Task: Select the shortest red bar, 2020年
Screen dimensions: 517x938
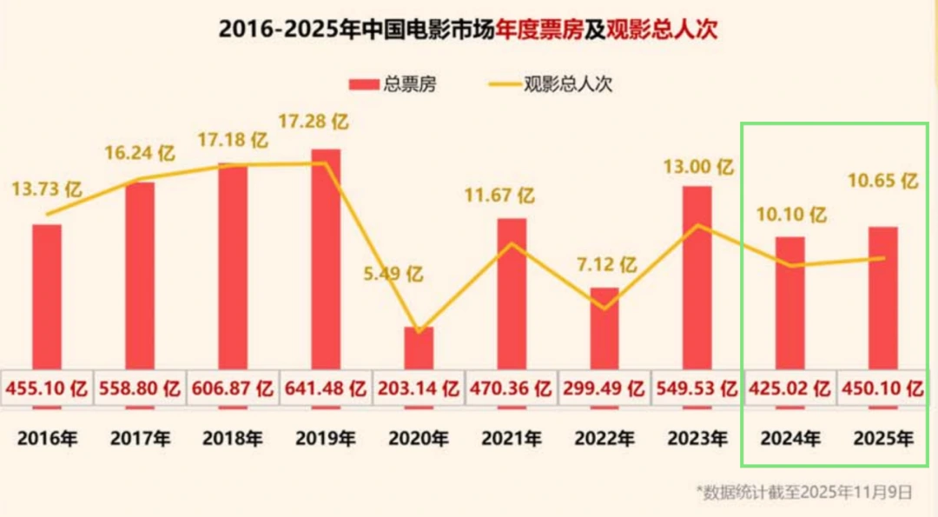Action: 419,348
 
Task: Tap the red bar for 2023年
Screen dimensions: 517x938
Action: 697,278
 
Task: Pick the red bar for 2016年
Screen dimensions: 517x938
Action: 47,295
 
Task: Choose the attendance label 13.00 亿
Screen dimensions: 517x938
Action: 697,165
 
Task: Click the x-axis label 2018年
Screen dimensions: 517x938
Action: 233,439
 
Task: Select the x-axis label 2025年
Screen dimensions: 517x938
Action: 882,439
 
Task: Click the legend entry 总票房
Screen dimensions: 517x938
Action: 392,84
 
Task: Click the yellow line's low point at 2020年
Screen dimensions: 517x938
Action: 419,331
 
